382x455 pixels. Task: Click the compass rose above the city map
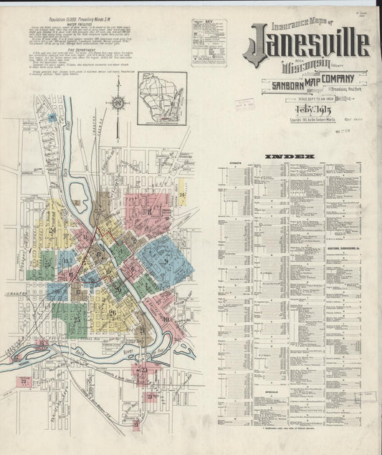coord(117,102)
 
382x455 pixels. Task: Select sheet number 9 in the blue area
coord(166,262)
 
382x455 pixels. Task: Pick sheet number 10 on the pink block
coord(166,320)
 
